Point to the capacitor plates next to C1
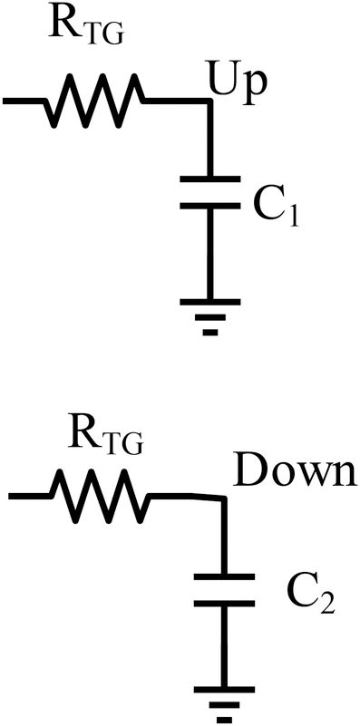210,192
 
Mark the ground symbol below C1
210,313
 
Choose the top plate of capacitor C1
210,178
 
